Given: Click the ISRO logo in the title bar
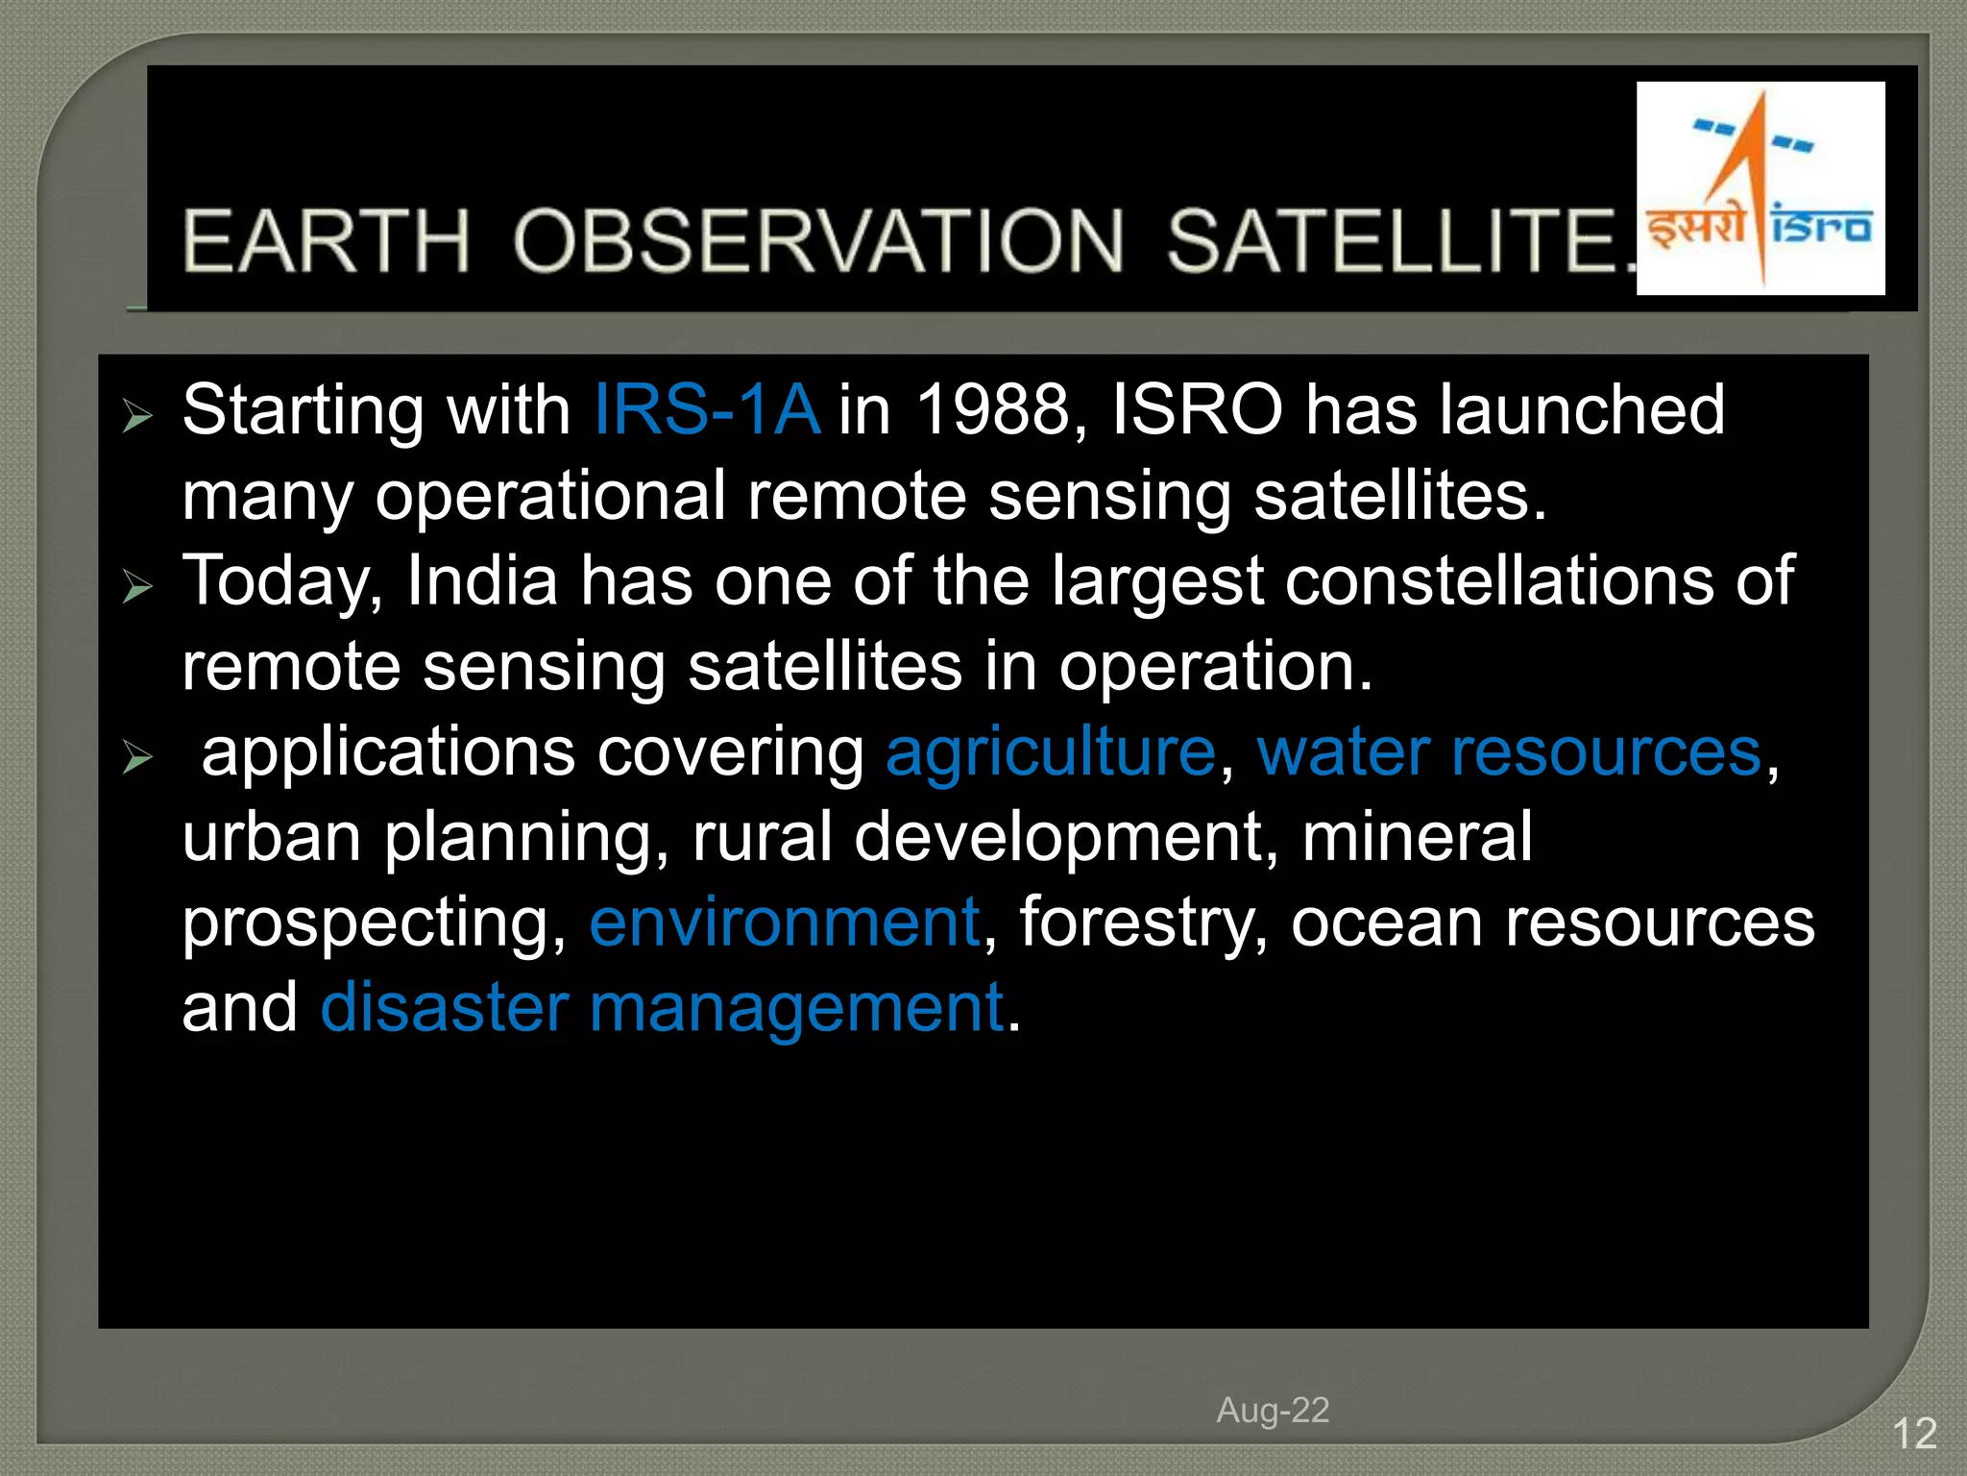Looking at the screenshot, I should pos(1760,188).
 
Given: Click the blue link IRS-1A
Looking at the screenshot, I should pos(707,410).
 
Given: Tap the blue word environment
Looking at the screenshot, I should pos(785,922).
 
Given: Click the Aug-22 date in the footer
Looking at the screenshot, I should pos(1273,1411).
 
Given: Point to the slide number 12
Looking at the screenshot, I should pos(1914,1435).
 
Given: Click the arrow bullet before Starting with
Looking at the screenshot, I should pos(138,417).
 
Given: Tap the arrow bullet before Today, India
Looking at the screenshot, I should pos(138,586).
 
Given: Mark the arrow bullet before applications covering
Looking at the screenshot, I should pos(138,758).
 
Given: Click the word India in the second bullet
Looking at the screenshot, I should pos(482,581).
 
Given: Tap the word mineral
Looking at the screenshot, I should pos(1417,837).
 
